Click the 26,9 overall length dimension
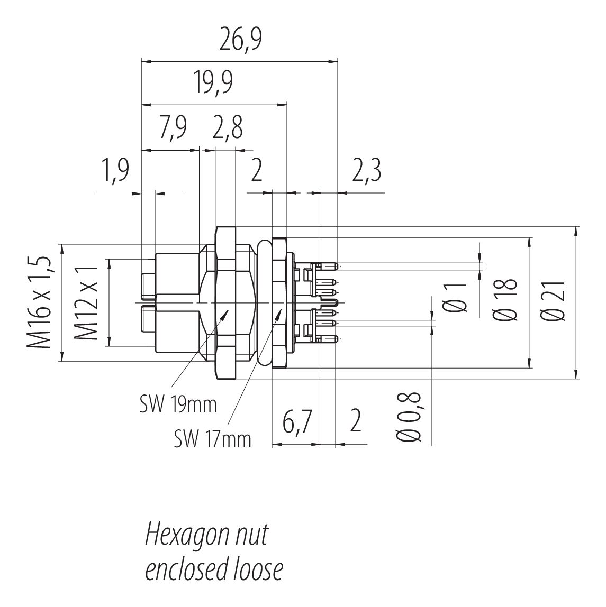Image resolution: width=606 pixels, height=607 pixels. [240, 40]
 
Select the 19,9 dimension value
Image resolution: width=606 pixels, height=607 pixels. [214, 82]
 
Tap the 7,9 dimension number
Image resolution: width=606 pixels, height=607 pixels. [173, 127]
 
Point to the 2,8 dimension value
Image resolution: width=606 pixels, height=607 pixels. [228, 127]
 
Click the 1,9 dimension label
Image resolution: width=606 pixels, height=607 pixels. [115, 170]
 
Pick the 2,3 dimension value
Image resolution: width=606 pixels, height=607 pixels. [367, 170]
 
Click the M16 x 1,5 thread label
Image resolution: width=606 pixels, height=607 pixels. [39, 301]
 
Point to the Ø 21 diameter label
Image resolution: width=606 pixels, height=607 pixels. [553, 300]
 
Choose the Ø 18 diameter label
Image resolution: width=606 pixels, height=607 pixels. [505, 300]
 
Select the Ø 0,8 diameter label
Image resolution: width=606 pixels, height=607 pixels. [409, 417]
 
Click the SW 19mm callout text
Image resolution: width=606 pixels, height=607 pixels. [178, 405]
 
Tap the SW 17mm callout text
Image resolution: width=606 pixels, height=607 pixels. [212, 439]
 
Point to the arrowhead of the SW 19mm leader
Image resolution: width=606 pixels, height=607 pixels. [225, 314]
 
